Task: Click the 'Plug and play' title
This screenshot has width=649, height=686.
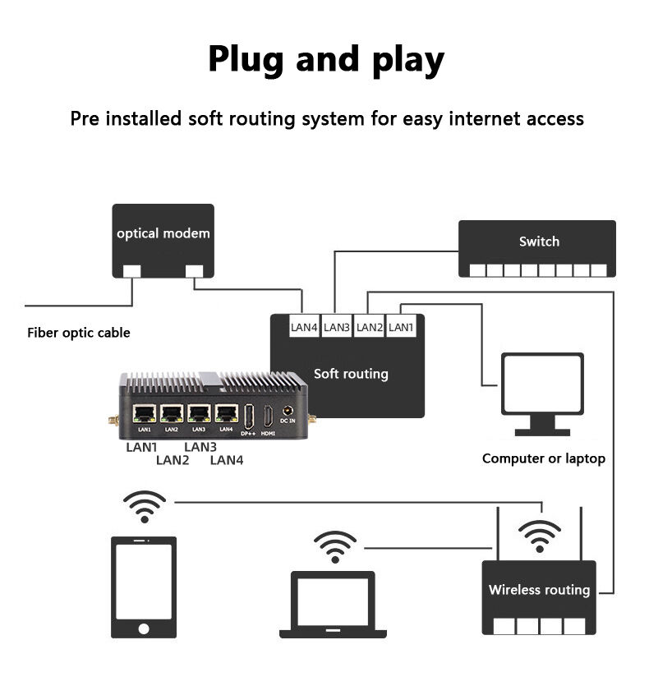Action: [325, 59]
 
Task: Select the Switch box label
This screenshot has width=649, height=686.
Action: [539, 242]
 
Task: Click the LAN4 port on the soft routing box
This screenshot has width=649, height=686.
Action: [304, 327]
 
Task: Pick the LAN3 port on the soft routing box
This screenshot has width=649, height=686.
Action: [337, 327]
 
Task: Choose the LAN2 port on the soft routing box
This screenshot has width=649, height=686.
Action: [370, 327]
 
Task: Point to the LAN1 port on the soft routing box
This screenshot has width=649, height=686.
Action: [401, 327]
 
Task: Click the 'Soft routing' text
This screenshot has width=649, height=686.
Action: [351, 374]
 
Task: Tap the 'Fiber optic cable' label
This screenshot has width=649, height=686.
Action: [79, 333]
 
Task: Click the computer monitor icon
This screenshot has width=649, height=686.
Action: [542, 392]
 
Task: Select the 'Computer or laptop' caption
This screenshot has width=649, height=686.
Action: [543, 458]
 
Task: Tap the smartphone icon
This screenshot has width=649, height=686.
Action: [144, 587]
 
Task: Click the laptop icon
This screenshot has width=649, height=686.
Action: [333, 604]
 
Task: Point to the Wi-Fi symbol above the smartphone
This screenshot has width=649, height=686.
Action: [145, 506]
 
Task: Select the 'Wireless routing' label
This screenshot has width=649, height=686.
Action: [539, 590]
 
